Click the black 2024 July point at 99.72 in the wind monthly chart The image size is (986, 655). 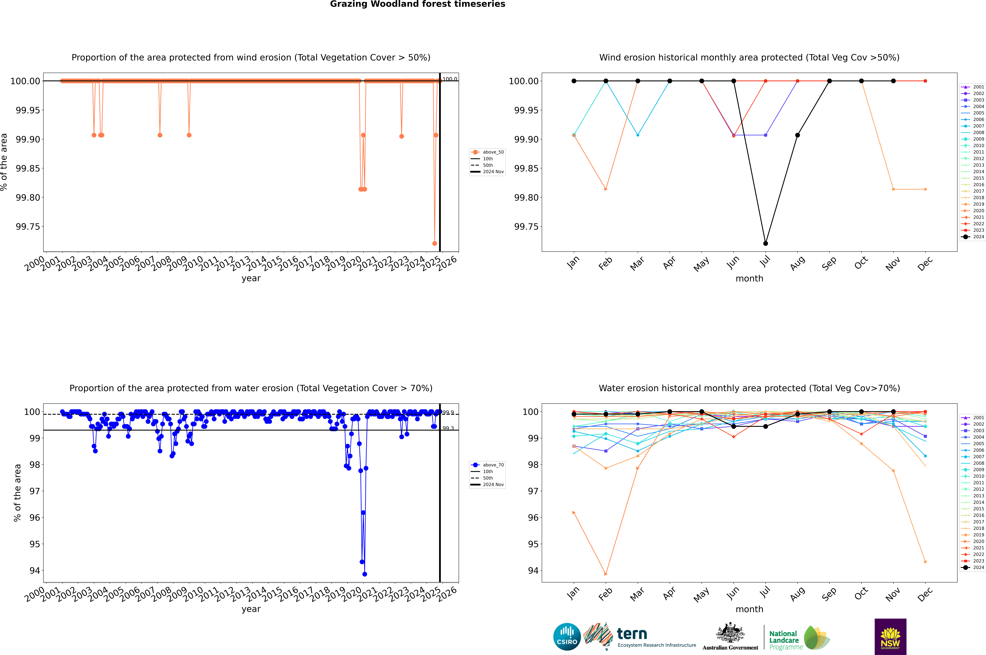[765, 244]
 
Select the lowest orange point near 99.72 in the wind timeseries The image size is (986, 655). [435, 244]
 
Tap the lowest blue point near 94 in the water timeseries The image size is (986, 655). [364, 574]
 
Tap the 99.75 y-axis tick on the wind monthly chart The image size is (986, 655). [526, 227]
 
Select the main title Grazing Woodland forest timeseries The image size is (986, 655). [418, 4]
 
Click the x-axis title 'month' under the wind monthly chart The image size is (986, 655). [749, 279]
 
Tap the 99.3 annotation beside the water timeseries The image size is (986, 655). [448, 428]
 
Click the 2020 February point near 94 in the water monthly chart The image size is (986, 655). [606, 574]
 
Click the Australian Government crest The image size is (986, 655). [730, 635]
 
